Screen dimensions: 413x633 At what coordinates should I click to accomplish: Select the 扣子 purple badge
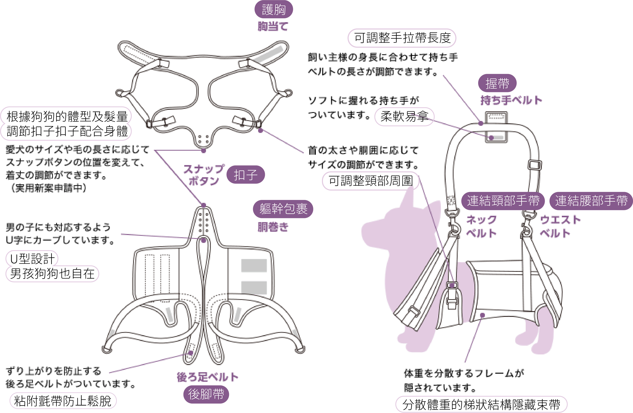pos(245,175)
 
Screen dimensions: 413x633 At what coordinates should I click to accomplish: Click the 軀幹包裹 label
pos(283,209)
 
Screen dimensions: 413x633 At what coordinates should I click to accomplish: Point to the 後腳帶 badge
pos(206,394)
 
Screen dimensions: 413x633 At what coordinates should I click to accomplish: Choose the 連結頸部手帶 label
pos(503,201)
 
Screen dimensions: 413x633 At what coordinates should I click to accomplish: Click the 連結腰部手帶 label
pos(591,201)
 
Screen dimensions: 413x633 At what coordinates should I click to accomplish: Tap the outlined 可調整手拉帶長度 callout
pos(402,38)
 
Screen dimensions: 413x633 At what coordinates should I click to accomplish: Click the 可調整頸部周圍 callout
pos(370,181)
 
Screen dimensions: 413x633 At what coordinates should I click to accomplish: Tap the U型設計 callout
pos(32,258)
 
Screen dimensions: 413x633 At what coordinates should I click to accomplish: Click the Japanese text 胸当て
pos(273,27)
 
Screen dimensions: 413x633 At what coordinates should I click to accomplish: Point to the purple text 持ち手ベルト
pos(511,100)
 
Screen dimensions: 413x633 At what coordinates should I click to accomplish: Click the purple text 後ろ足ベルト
pos(208,377)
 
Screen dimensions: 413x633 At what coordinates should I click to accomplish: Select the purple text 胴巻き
pos(273,227)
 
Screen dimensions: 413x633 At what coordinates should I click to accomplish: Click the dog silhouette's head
pos(386,229)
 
